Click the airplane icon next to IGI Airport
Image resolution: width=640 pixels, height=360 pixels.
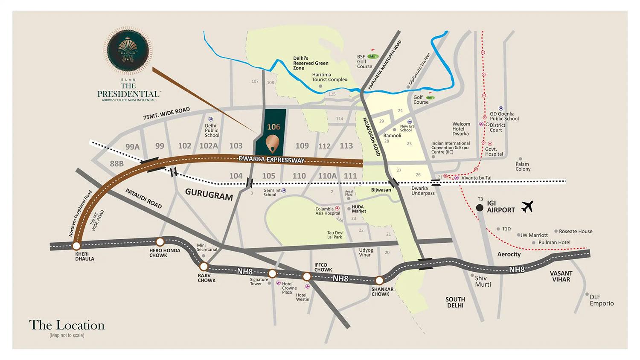coord(528,206)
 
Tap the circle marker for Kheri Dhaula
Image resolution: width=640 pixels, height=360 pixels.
coord(76,246)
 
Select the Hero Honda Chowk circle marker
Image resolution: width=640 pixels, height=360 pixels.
coord(160,241)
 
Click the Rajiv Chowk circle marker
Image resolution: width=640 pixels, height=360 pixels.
coord(204,267)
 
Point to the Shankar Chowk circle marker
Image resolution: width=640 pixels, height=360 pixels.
coord(379,280)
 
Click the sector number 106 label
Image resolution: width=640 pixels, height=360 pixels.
coord(273,127)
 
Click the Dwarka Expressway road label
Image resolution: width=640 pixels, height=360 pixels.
coord(272,160)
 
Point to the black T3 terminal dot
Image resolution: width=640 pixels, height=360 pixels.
coord(480,208)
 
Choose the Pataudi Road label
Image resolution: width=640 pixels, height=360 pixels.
coord(143,198)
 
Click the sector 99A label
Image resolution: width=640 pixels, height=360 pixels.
coord(133,147)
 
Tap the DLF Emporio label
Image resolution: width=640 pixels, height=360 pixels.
coord(602,300)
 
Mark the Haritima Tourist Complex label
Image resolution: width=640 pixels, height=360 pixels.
coord(329,77)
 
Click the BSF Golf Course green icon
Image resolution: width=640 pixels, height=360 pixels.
coord(374,55)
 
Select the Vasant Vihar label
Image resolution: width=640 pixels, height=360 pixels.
coord(561,276)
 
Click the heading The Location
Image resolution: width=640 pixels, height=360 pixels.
coord(67,325)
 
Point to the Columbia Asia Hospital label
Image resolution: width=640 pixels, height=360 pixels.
coord(327,211)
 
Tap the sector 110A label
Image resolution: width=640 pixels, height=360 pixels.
coord(327,176)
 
